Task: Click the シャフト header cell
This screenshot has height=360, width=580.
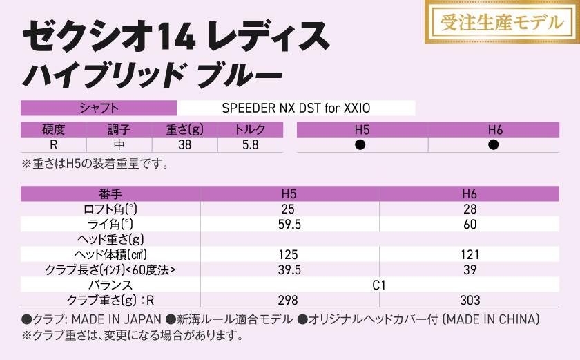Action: pyautogui.click(x=99, y=108)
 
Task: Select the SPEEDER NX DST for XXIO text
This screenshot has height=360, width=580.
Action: pyautogui.click(x=296, y=108)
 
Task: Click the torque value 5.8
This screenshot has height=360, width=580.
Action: pyautogui.click(x=249, y=145)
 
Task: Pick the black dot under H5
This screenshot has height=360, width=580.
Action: pyautogui.click(x=360, y=145)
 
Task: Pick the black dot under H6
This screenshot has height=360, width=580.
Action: pyautogui.click(x=494, y=145)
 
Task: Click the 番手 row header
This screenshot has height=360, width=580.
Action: pyautogui.click(x=110, y=194)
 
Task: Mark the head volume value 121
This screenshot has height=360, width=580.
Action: pyautogui.click(x=470, y=255)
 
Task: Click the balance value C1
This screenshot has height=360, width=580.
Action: pyautogui.click(x=379, y=285)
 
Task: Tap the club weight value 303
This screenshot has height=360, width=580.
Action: pyautogui.click(x=470, y=300)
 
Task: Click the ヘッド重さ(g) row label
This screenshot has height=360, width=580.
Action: pyautogui.click(x=110, y=240)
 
